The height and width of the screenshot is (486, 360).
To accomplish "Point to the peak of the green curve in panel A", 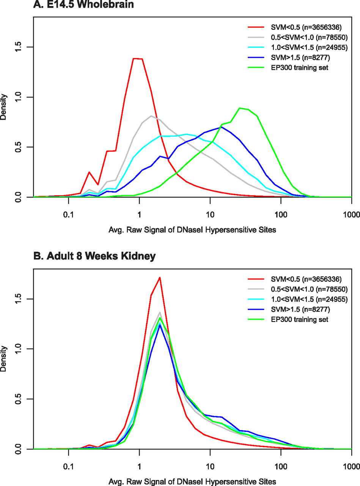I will coord(240,108).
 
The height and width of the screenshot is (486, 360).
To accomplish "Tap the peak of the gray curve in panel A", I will coord(151,116).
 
